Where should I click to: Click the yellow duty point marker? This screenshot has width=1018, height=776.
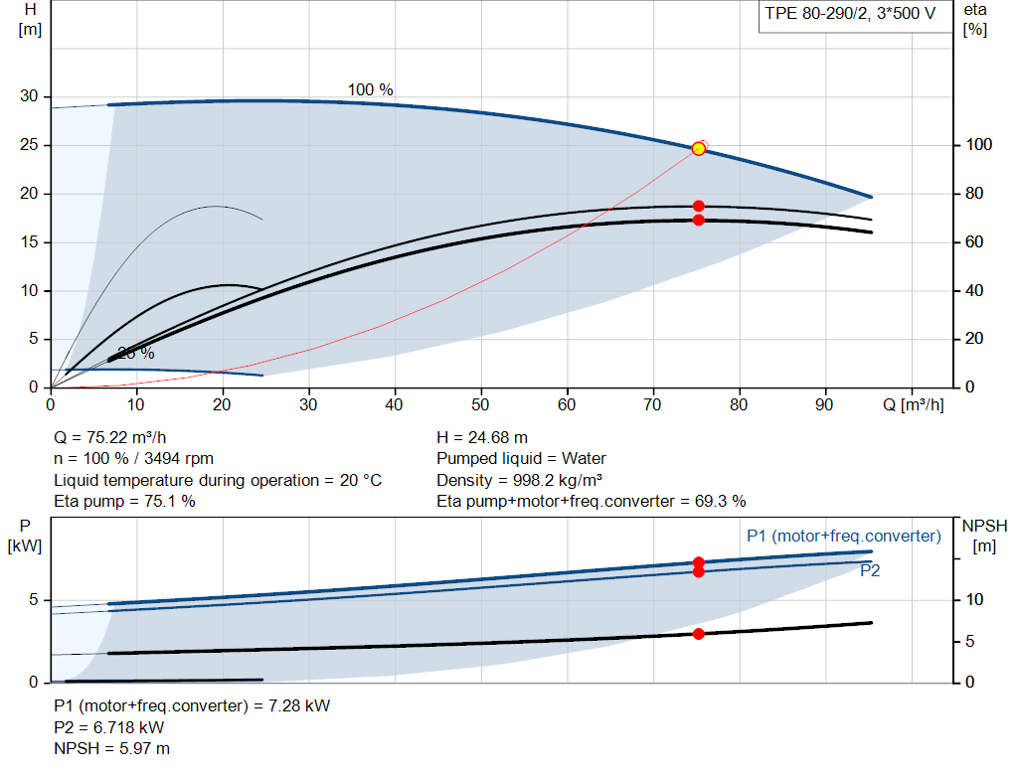tap(699, 149)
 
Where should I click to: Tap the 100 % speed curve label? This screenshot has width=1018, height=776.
tap(370, 89)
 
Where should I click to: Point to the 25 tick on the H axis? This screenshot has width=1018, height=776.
tap(29, 145)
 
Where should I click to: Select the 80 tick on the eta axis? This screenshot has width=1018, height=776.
tap(974, 194)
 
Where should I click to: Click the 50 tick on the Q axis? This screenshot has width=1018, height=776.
tap(480, 404)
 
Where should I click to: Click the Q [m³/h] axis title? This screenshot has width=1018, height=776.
tap(913, 404)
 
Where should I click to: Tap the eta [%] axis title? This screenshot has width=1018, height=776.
tap(975, 20)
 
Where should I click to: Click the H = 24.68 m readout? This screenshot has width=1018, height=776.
tap(482, 438)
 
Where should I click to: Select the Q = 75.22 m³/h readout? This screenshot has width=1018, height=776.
tap(109, 438)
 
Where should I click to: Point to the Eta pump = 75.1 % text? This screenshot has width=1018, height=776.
tap(124, 502)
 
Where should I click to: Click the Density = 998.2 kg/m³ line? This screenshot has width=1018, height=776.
tap(519, 480)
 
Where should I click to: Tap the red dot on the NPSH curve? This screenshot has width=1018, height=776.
tap(699, 634)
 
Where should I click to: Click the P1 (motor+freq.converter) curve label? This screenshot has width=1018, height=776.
tap(843, 536)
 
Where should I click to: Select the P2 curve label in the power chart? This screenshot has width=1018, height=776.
tap(870, 571)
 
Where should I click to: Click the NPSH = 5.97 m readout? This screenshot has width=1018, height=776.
tap(111, 749)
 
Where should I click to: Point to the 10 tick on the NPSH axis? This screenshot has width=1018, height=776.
tap(974, 599)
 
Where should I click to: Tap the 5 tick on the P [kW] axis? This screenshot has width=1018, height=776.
tap(34, 599)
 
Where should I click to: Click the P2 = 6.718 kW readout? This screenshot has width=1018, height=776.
tap(109, 727)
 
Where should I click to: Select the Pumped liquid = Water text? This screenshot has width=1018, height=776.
tap(521, 459)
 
